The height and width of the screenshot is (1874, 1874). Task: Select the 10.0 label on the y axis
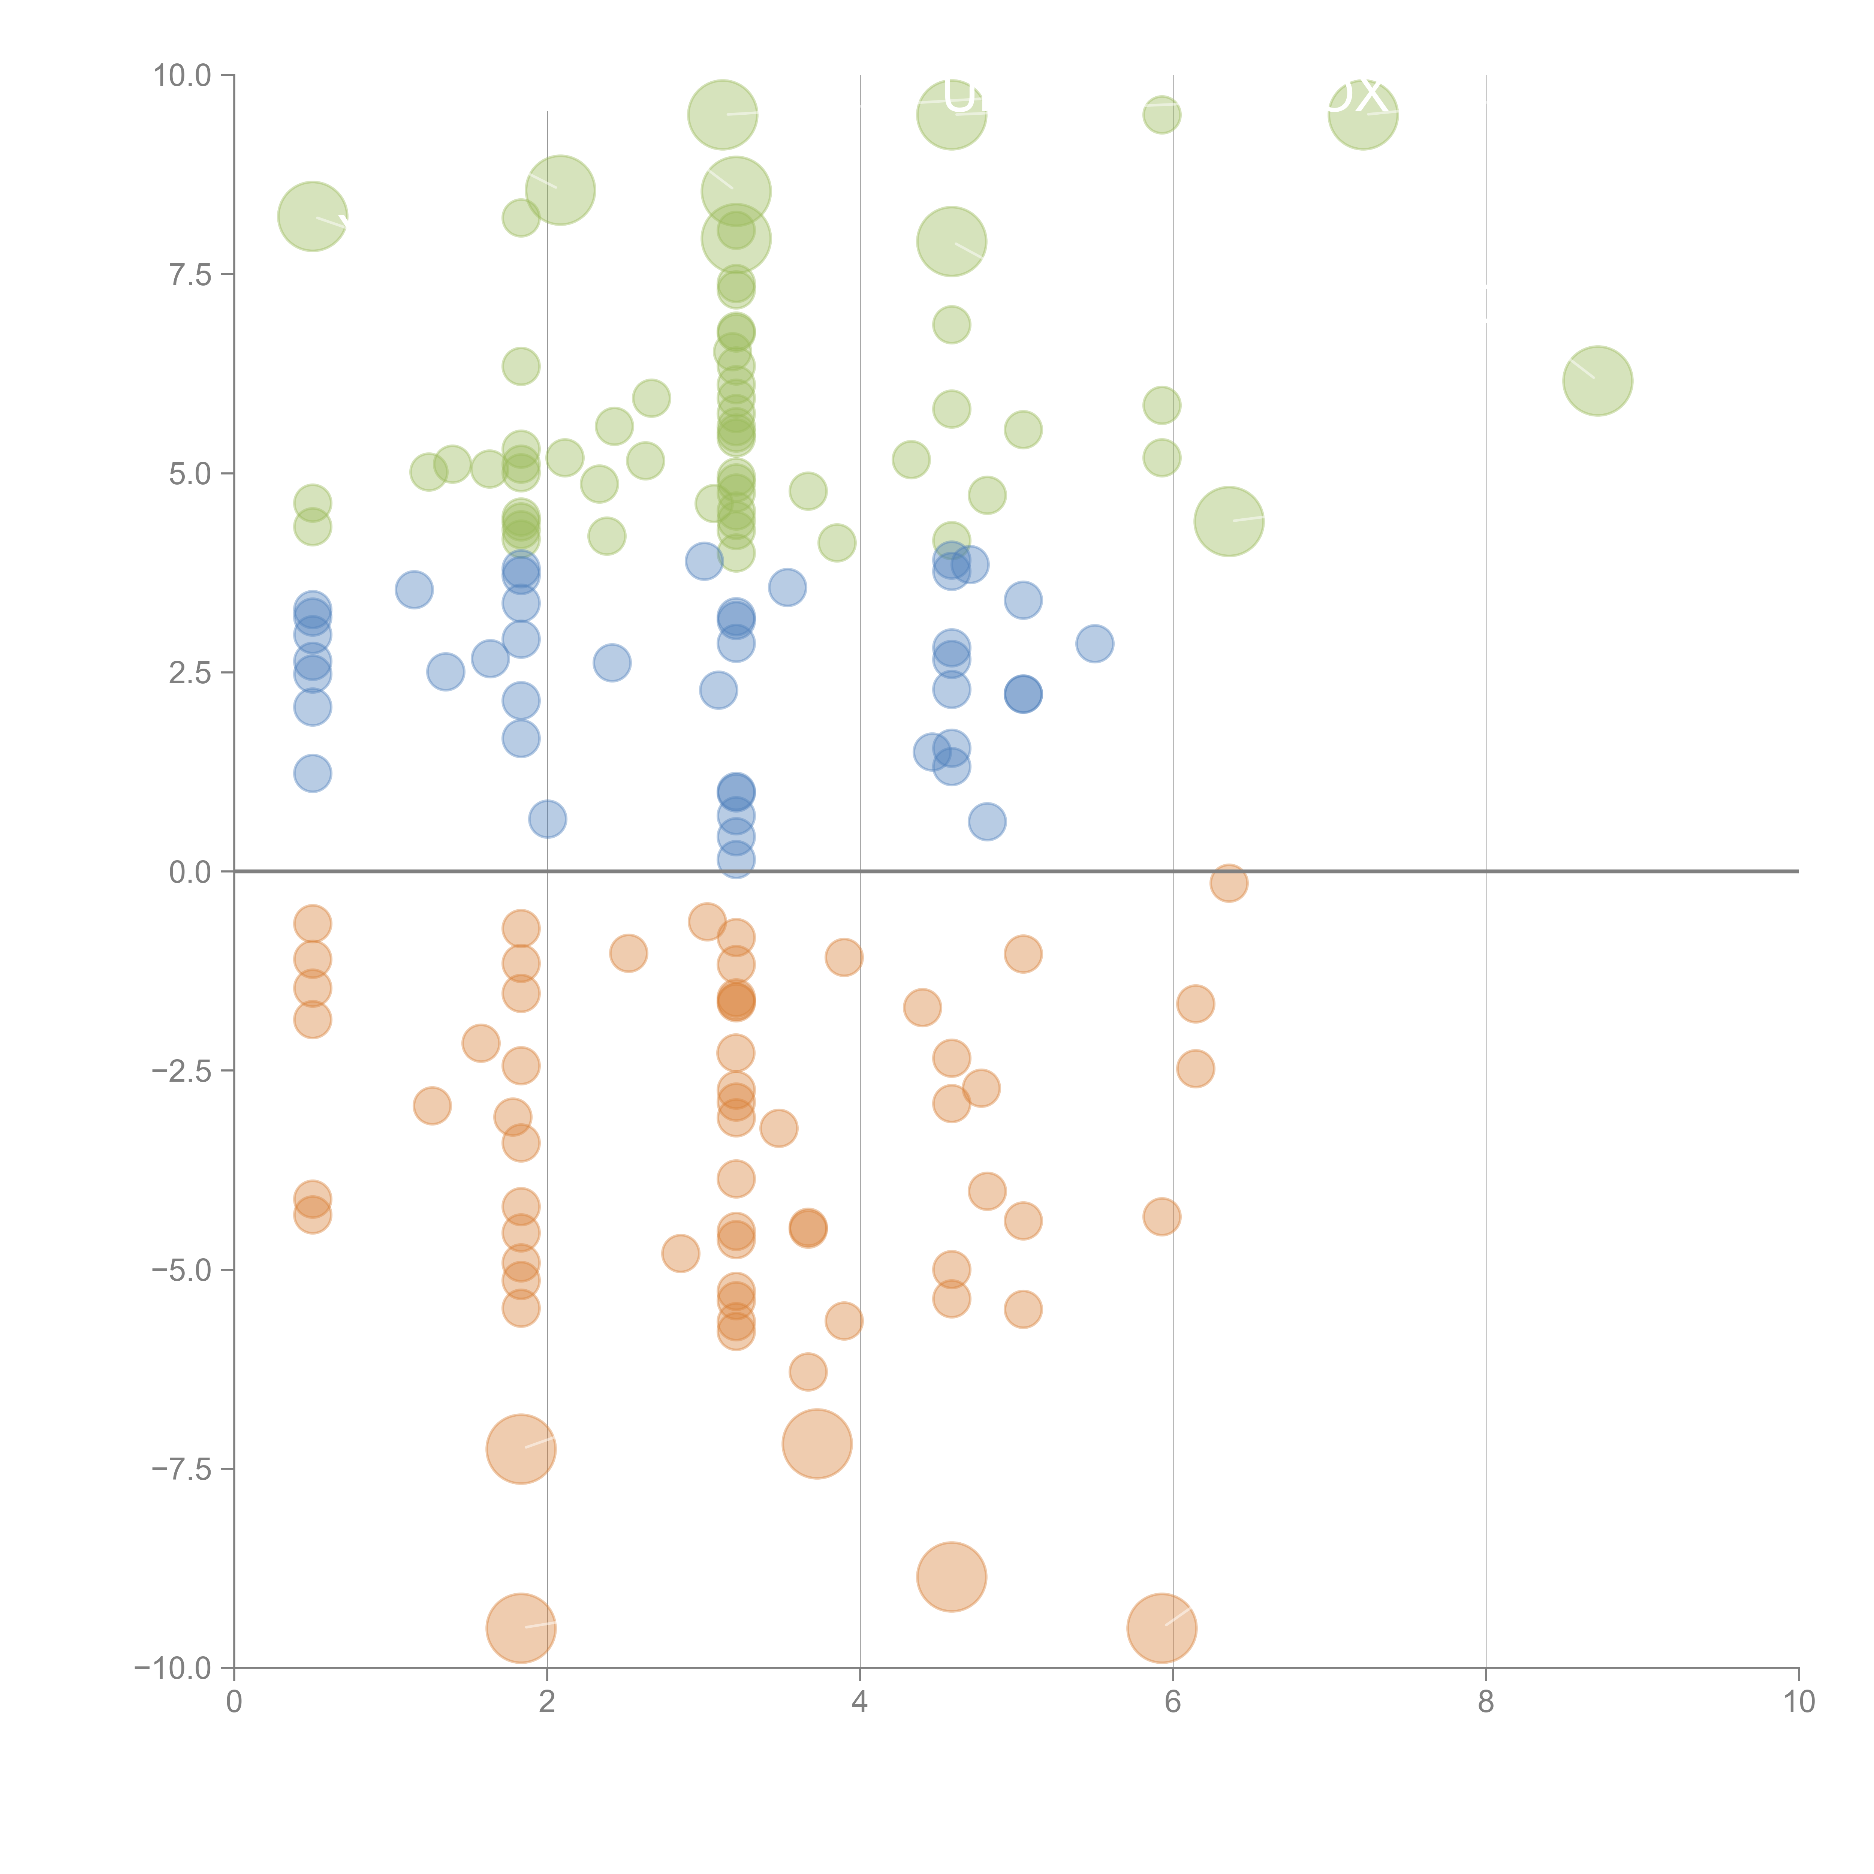(183, 76)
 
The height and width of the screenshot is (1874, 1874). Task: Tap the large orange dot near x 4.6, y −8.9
(952, 1576)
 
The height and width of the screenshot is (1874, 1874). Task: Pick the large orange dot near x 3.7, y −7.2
(817, 1444)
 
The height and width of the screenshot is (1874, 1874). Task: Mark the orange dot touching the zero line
(1229, 883)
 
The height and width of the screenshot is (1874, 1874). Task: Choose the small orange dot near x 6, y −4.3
(1162, 1216)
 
